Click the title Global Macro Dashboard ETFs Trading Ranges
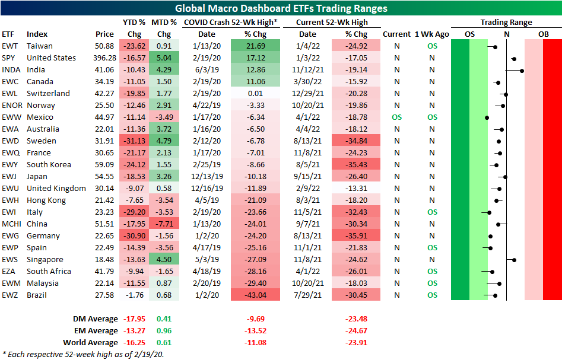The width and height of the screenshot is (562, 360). pos(281,8)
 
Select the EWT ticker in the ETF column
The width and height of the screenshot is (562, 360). pos(9,46)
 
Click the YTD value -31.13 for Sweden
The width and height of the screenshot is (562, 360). pos(135,141)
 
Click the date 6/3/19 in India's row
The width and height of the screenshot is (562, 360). pos(207,70)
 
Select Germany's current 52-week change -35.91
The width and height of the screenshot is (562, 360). pos(356,236)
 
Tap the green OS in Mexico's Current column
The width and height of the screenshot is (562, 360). pos(396,117)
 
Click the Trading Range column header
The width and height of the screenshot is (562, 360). pos(506,23)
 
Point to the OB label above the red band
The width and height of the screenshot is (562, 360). pos(544,34)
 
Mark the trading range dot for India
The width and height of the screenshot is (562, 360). pos(522,71)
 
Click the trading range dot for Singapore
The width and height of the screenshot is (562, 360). pos(515,260)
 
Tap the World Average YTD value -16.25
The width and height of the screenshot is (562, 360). pos(135,342)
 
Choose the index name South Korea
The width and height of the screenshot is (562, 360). pos(49,165)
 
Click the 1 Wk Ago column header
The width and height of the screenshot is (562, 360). pos(432,34)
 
